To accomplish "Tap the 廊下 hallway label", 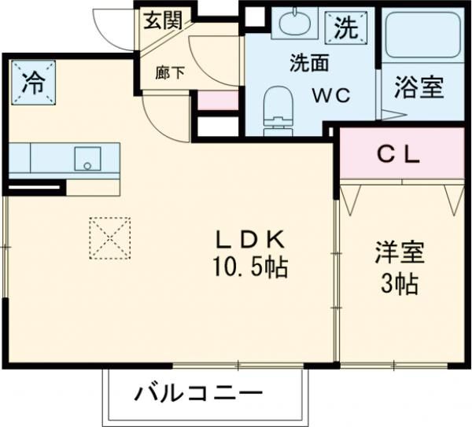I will click(x=170, y=73).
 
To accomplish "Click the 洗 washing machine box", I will click(x=345, y=29).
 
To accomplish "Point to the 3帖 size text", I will click(x=399, y=283).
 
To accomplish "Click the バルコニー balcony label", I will click(x=197, y=393).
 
